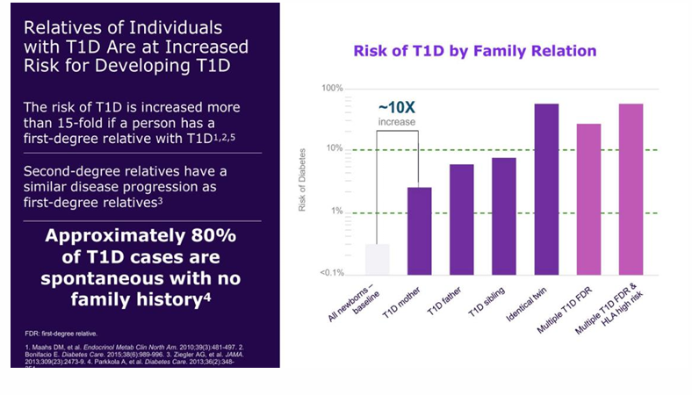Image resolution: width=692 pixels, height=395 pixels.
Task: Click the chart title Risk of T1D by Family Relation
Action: [x=474, y=51]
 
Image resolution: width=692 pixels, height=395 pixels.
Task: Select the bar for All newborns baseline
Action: [x=377, y=259]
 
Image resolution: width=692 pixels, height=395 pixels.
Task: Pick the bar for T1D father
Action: [x=462, y=219]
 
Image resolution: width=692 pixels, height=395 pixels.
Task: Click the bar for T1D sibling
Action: [x=504, y=216]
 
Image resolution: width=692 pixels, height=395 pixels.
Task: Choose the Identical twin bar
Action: [x=546, y=189]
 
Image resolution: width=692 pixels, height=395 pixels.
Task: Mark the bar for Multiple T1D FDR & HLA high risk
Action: [x=631, y=189]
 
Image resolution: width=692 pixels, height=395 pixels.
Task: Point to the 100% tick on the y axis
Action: [x=330, y=89]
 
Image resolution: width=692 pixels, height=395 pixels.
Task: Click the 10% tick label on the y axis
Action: [x=333, y=149]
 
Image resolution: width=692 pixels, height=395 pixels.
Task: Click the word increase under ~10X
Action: [x=398, y=121]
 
